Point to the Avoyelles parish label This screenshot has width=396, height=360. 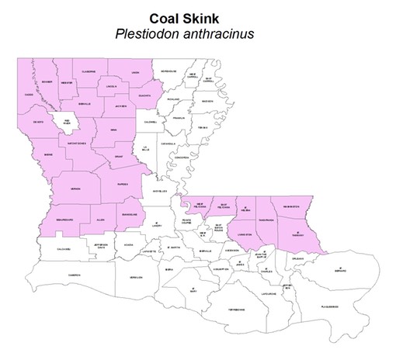(159, 190)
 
